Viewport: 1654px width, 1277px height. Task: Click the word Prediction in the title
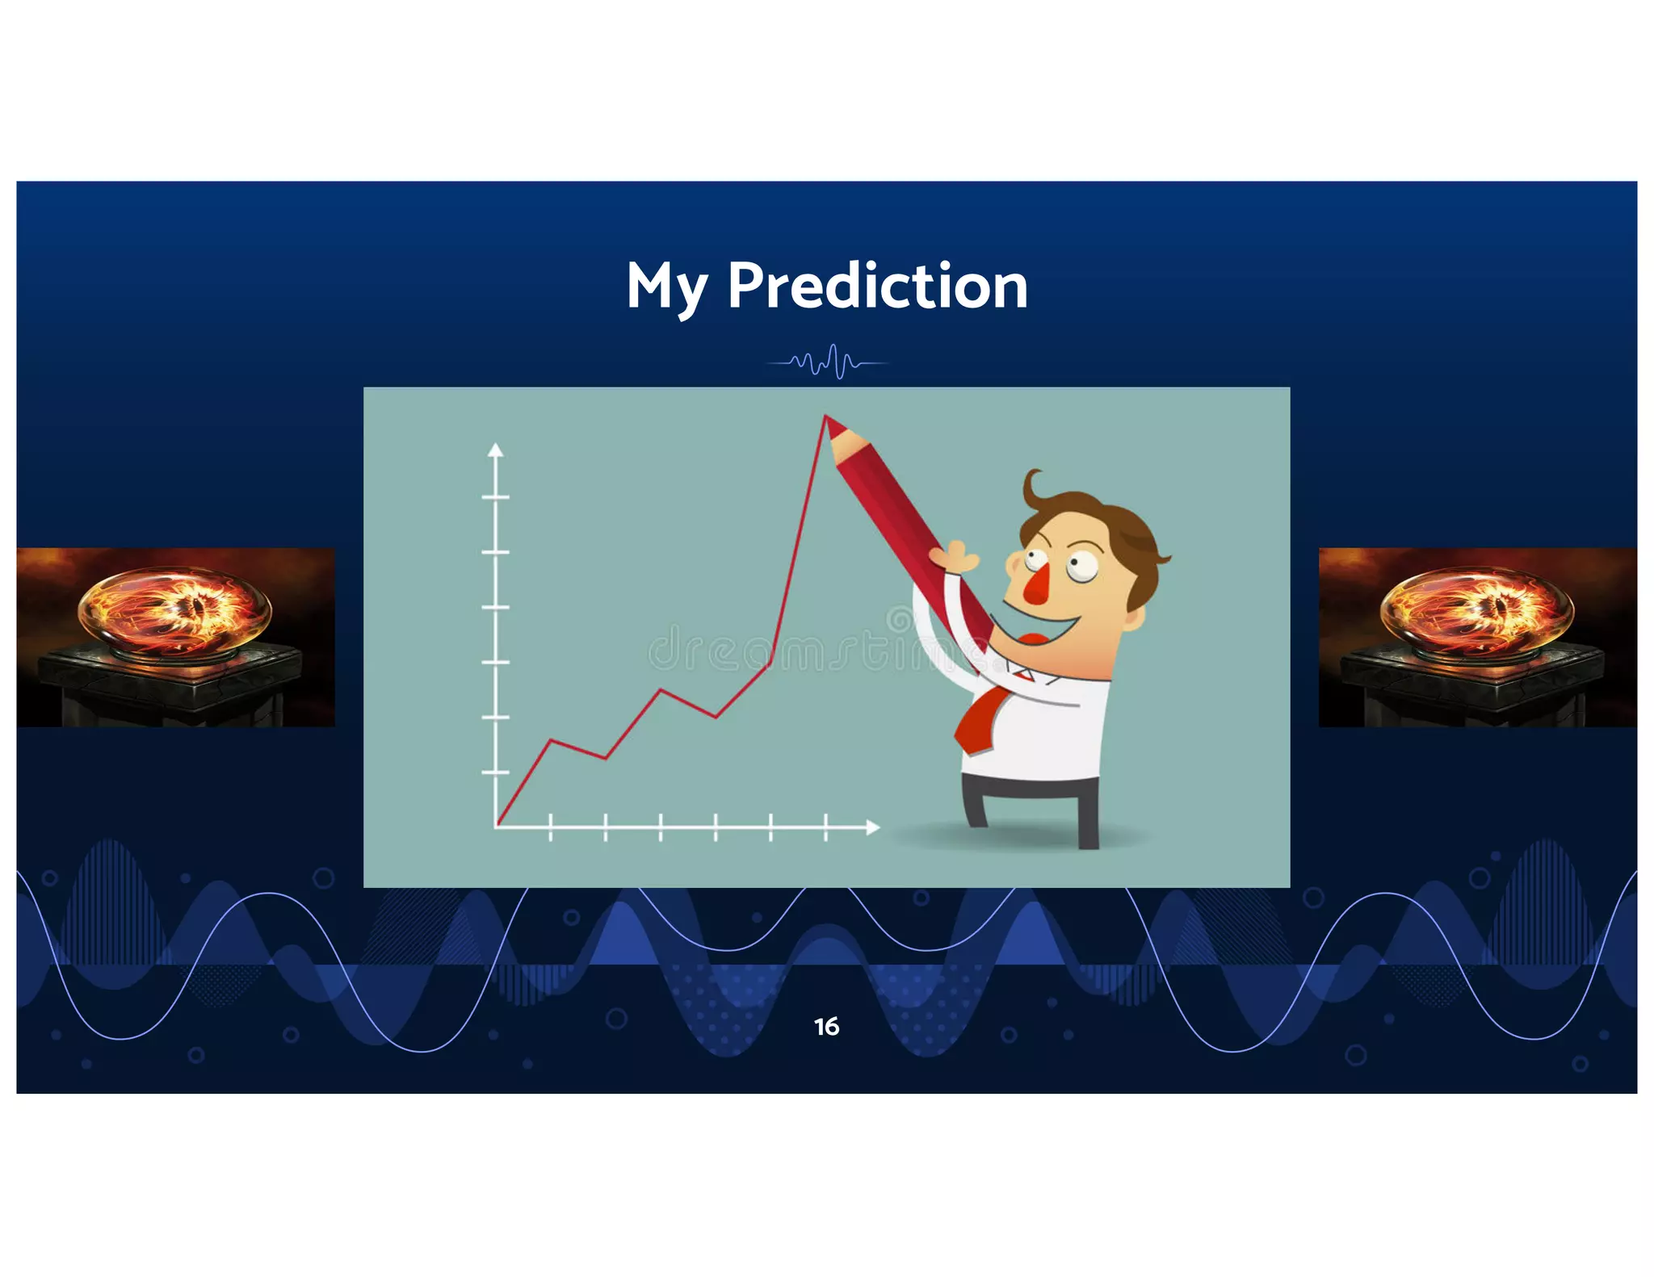click(x=877, y=286)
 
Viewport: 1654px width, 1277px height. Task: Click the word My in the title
click(x=667, y=287)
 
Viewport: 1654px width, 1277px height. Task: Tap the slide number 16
click(x=826, y=1026)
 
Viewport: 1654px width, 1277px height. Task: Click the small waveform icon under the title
click(x=827, y=362)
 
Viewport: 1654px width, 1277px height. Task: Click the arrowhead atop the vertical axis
click(x=496, y=450)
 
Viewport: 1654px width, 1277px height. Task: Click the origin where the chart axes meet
click(x=496, y=827)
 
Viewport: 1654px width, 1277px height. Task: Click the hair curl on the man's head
click(x=1031, y=485)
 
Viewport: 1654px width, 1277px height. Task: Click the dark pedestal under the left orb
click(x=170, y=686)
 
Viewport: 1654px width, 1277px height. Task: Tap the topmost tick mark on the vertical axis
click(x=496, y=497)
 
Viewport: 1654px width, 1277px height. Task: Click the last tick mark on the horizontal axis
click(x=825, y=827)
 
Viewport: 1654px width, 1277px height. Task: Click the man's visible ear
click(x=1135, y=619)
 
